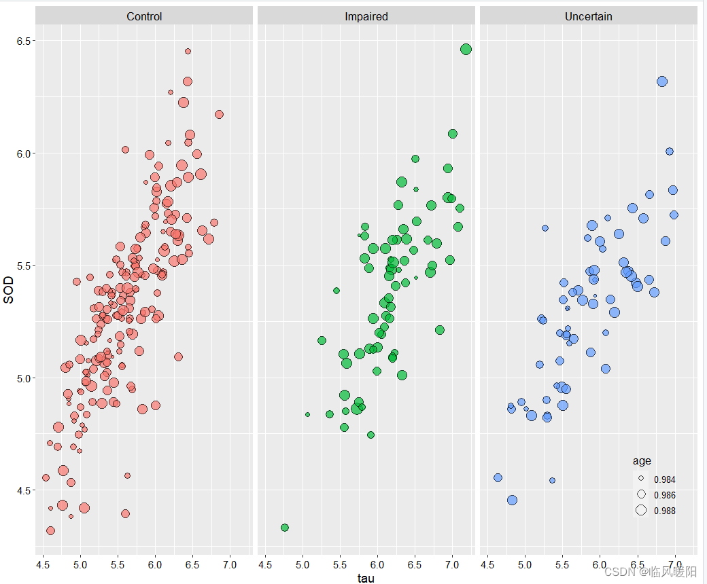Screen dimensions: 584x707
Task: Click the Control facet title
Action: pyautogui.click(x=144, y=16)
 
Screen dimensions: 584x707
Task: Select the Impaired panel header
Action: pyautogui.click(x=366, y=16)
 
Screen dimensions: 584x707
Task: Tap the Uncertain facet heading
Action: pyautogui.click(x=588, y=16)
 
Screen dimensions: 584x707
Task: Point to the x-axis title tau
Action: pyautogui.click(x=366, y=578)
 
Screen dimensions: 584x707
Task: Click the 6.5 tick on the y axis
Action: pyautogui.click(x=25, y=41)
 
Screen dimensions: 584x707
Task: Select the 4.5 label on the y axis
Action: pyautogui.click(x=25, y=490)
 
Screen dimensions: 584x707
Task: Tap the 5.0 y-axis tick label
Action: pyautogui.click(x=25, y=378)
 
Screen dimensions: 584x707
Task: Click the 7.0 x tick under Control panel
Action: pyautogui.click(x=230, y=564)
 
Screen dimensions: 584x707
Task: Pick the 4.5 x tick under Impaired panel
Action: pyautogui.click(x=266, y=564)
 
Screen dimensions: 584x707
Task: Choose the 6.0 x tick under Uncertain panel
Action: pyautogui.click(x=600, y=564)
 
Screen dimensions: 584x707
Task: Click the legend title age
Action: pyautogui.click(x=642, y=462)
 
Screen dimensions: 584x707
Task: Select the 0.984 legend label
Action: pyautogui.click(x=664, y=479)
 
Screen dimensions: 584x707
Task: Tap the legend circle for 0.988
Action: pyautogui.click(x=641, y=511)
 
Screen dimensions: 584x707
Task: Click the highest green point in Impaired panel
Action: pyautogui.click(x=466, y=49)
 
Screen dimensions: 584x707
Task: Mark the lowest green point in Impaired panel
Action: pyautogui.click(x=285, y=528)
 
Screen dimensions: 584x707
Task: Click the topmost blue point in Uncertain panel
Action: pyautogui.click(x=662, y=81)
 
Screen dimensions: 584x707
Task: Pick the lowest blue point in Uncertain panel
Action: pyautogui.click(x=512, y=500)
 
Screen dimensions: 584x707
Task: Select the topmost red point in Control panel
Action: pyautogui.click(x=188, y=51)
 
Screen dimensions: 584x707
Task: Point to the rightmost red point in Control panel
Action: pyautogui.click(x=219, y=114)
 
